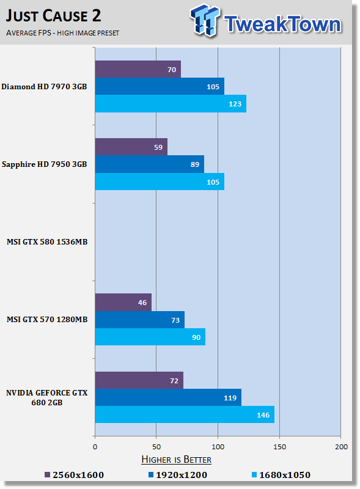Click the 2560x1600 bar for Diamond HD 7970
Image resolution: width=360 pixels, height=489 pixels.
138,69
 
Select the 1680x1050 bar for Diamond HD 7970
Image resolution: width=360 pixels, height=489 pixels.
171,103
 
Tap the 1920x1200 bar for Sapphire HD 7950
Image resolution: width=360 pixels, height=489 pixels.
150,164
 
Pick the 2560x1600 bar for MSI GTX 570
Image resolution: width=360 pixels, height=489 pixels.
123,302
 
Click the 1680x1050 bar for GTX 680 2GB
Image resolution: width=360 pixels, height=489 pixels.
185,414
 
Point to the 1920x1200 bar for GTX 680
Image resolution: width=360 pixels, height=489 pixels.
168,397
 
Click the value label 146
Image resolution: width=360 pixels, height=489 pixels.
263,415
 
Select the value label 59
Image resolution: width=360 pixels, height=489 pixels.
158,147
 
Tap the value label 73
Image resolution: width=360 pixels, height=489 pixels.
175,320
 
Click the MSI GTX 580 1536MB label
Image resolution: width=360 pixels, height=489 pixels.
47,241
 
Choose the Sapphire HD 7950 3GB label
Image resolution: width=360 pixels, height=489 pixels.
44,164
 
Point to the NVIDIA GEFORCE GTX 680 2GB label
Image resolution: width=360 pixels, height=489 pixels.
47,398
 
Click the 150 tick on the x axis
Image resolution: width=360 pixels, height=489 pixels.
279,447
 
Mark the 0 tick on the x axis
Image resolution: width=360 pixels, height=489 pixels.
95,447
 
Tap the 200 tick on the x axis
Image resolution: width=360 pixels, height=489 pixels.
341,447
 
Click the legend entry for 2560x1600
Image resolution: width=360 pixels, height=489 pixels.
74,475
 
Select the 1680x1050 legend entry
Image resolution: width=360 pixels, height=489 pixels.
281,475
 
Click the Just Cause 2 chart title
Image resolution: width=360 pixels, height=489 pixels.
53,16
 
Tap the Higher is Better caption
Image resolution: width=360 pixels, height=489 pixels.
176,460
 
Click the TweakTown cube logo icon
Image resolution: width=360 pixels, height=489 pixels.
205,20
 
